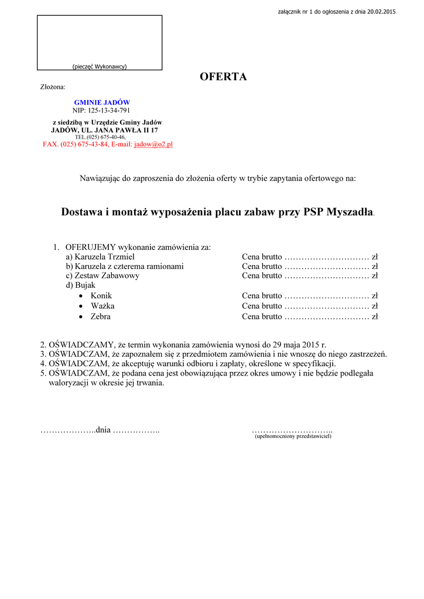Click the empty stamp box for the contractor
(100, 39)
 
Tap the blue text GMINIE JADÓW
(102, 102)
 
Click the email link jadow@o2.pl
(153, 144)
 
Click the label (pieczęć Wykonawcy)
(100, 66)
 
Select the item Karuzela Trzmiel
(104, 257)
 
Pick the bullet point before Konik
(81, 296)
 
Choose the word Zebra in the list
(100, 316)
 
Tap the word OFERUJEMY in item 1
(91, 247)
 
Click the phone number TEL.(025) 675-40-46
(100, 137)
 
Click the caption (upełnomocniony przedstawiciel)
(293, 436)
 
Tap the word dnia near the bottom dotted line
(103, 431)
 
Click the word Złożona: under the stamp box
(53, 87)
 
